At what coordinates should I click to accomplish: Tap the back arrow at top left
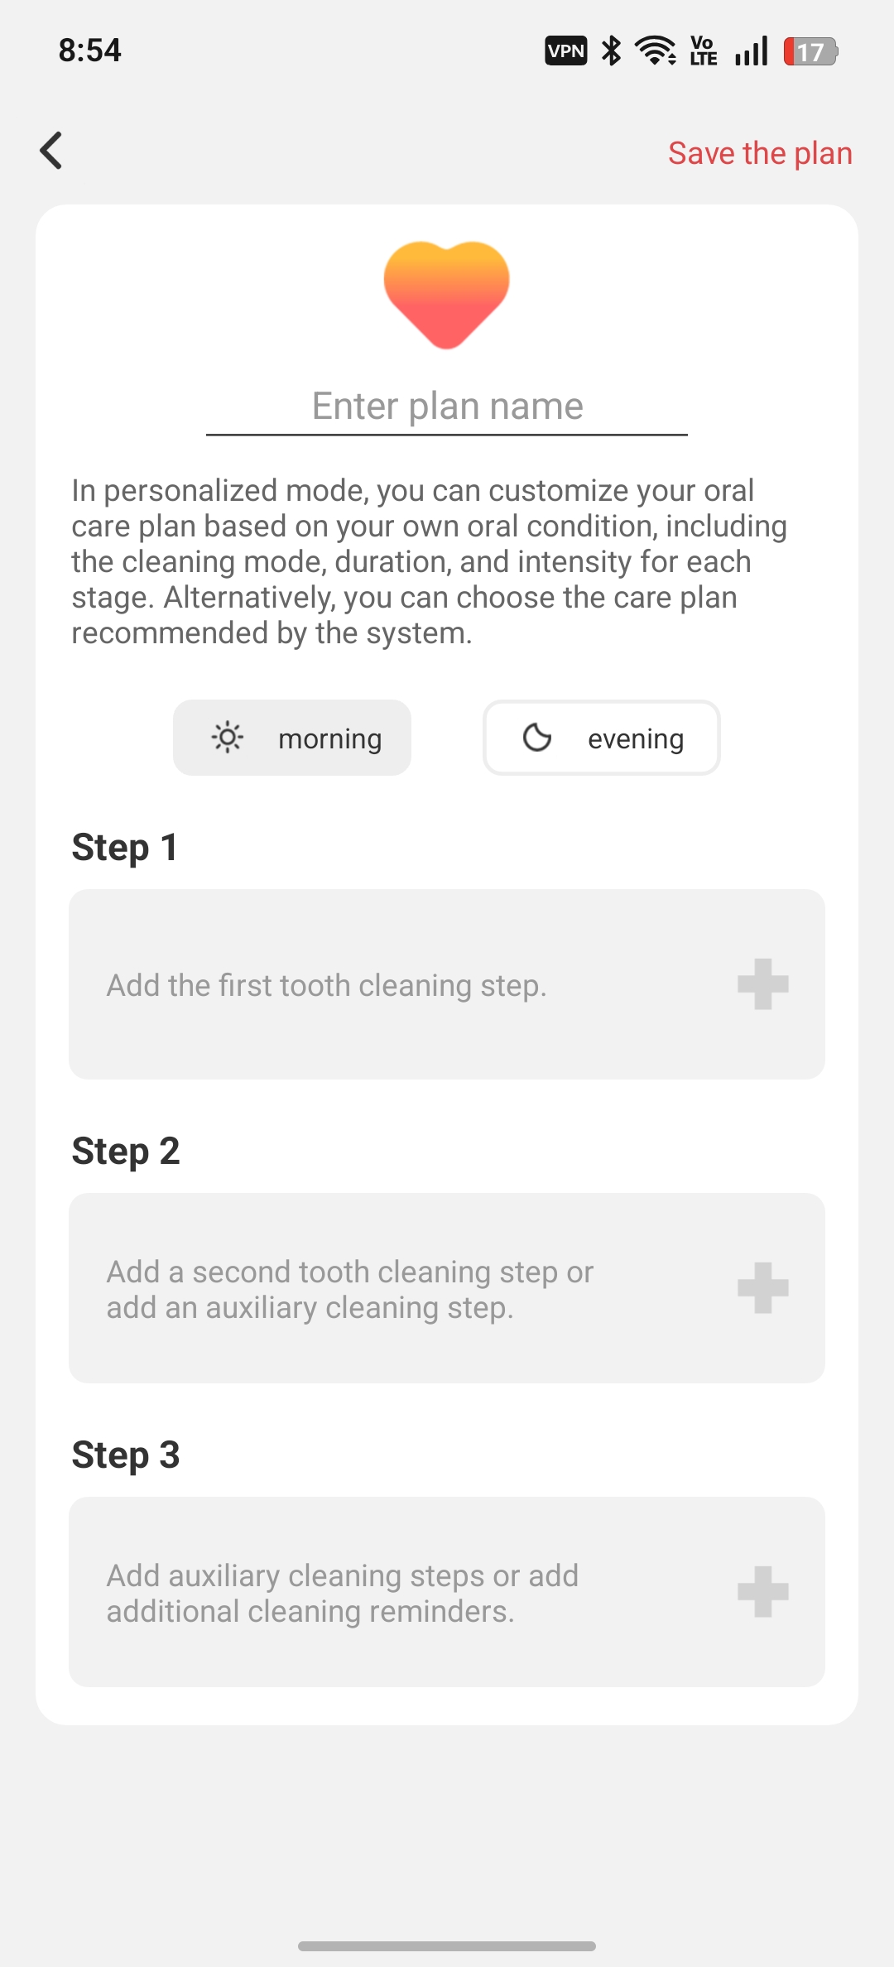click(51, 151)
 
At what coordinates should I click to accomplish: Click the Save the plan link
click(760, 153)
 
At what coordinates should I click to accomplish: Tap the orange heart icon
click(447, 295)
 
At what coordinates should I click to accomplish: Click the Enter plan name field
click(447, 406)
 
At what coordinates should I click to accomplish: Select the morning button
click(292, 738)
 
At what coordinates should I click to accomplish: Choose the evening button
click(602, 738)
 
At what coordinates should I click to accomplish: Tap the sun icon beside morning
click(227, 737)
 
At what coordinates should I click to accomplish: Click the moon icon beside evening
click(537, 737)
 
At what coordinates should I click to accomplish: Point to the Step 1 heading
click(125, 847)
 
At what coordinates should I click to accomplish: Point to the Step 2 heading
click(126, 1151)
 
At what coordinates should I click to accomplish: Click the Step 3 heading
click(126, 1455)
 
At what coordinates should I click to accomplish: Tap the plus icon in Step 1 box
click(763, 984)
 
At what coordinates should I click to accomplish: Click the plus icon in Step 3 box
click(763, 1592)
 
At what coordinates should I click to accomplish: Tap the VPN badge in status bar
click(566, 51)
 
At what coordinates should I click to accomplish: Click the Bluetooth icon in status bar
click(612, 50)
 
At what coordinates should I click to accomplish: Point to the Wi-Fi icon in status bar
click(656, 50)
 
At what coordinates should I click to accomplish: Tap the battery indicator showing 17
click(811, 51)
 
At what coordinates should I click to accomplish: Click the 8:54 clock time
click(90, 50)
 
